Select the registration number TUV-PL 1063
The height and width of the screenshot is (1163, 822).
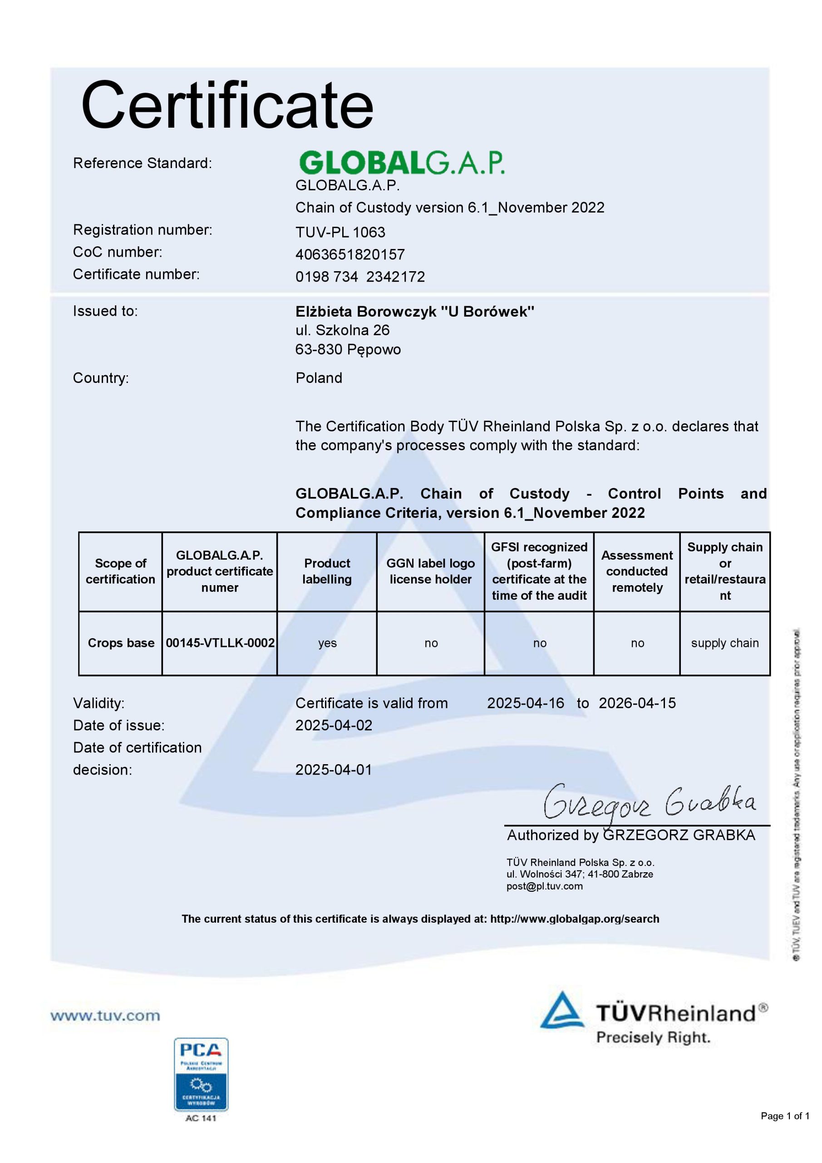(x=340, y=232)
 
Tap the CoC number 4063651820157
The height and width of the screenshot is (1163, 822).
(x=350, y=254)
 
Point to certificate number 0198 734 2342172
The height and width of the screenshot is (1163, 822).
(x=360, y=277)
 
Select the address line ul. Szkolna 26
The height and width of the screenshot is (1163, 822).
(x=342, y=330)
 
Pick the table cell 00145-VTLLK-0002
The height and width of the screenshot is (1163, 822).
(x=220, y=643)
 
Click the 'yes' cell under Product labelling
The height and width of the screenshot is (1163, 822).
(x=327, y=643)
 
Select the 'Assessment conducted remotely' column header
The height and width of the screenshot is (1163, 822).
(x=637, y=572)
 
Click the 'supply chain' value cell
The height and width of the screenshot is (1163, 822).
(x=725, y=643)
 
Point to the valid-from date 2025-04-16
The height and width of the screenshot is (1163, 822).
(x=526, y=703)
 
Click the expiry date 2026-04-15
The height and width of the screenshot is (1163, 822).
(x=637, y=703)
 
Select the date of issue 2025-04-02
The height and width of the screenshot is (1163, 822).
(x=334, y=726)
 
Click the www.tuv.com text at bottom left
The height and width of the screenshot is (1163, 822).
(x=105, y=1016)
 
